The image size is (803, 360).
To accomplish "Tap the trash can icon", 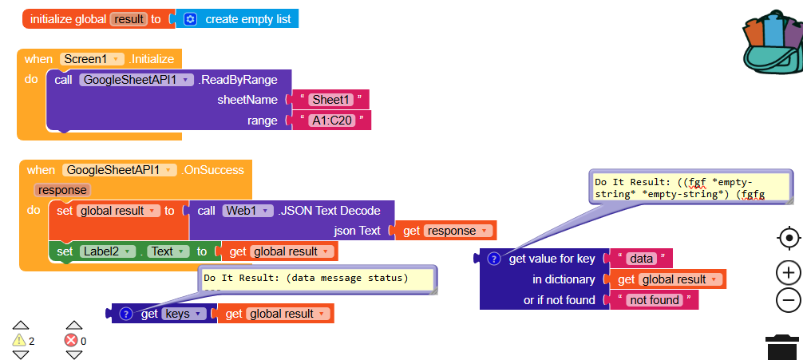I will point(782,347).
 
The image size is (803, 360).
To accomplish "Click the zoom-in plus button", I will point(788,273).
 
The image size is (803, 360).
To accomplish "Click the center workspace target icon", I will point(788,238).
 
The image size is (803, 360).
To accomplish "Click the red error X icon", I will point(72,340).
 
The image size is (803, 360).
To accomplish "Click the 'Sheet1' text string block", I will point(330,100).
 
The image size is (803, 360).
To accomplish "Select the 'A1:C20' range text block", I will point(331,121).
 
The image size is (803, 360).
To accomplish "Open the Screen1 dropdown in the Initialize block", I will point(93,59).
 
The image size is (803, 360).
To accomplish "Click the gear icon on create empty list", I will point(190,19).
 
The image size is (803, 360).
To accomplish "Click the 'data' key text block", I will point(641,259).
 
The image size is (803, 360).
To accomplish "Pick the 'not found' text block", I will point(654,300).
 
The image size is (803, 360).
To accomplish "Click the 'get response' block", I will point(446,231).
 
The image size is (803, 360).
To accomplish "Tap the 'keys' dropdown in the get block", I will point(183,314).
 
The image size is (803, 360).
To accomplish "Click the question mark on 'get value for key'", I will point(493,259).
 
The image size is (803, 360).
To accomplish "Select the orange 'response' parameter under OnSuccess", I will point(61,190).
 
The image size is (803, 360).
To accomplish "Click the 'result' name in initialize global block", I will point(128,19).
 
